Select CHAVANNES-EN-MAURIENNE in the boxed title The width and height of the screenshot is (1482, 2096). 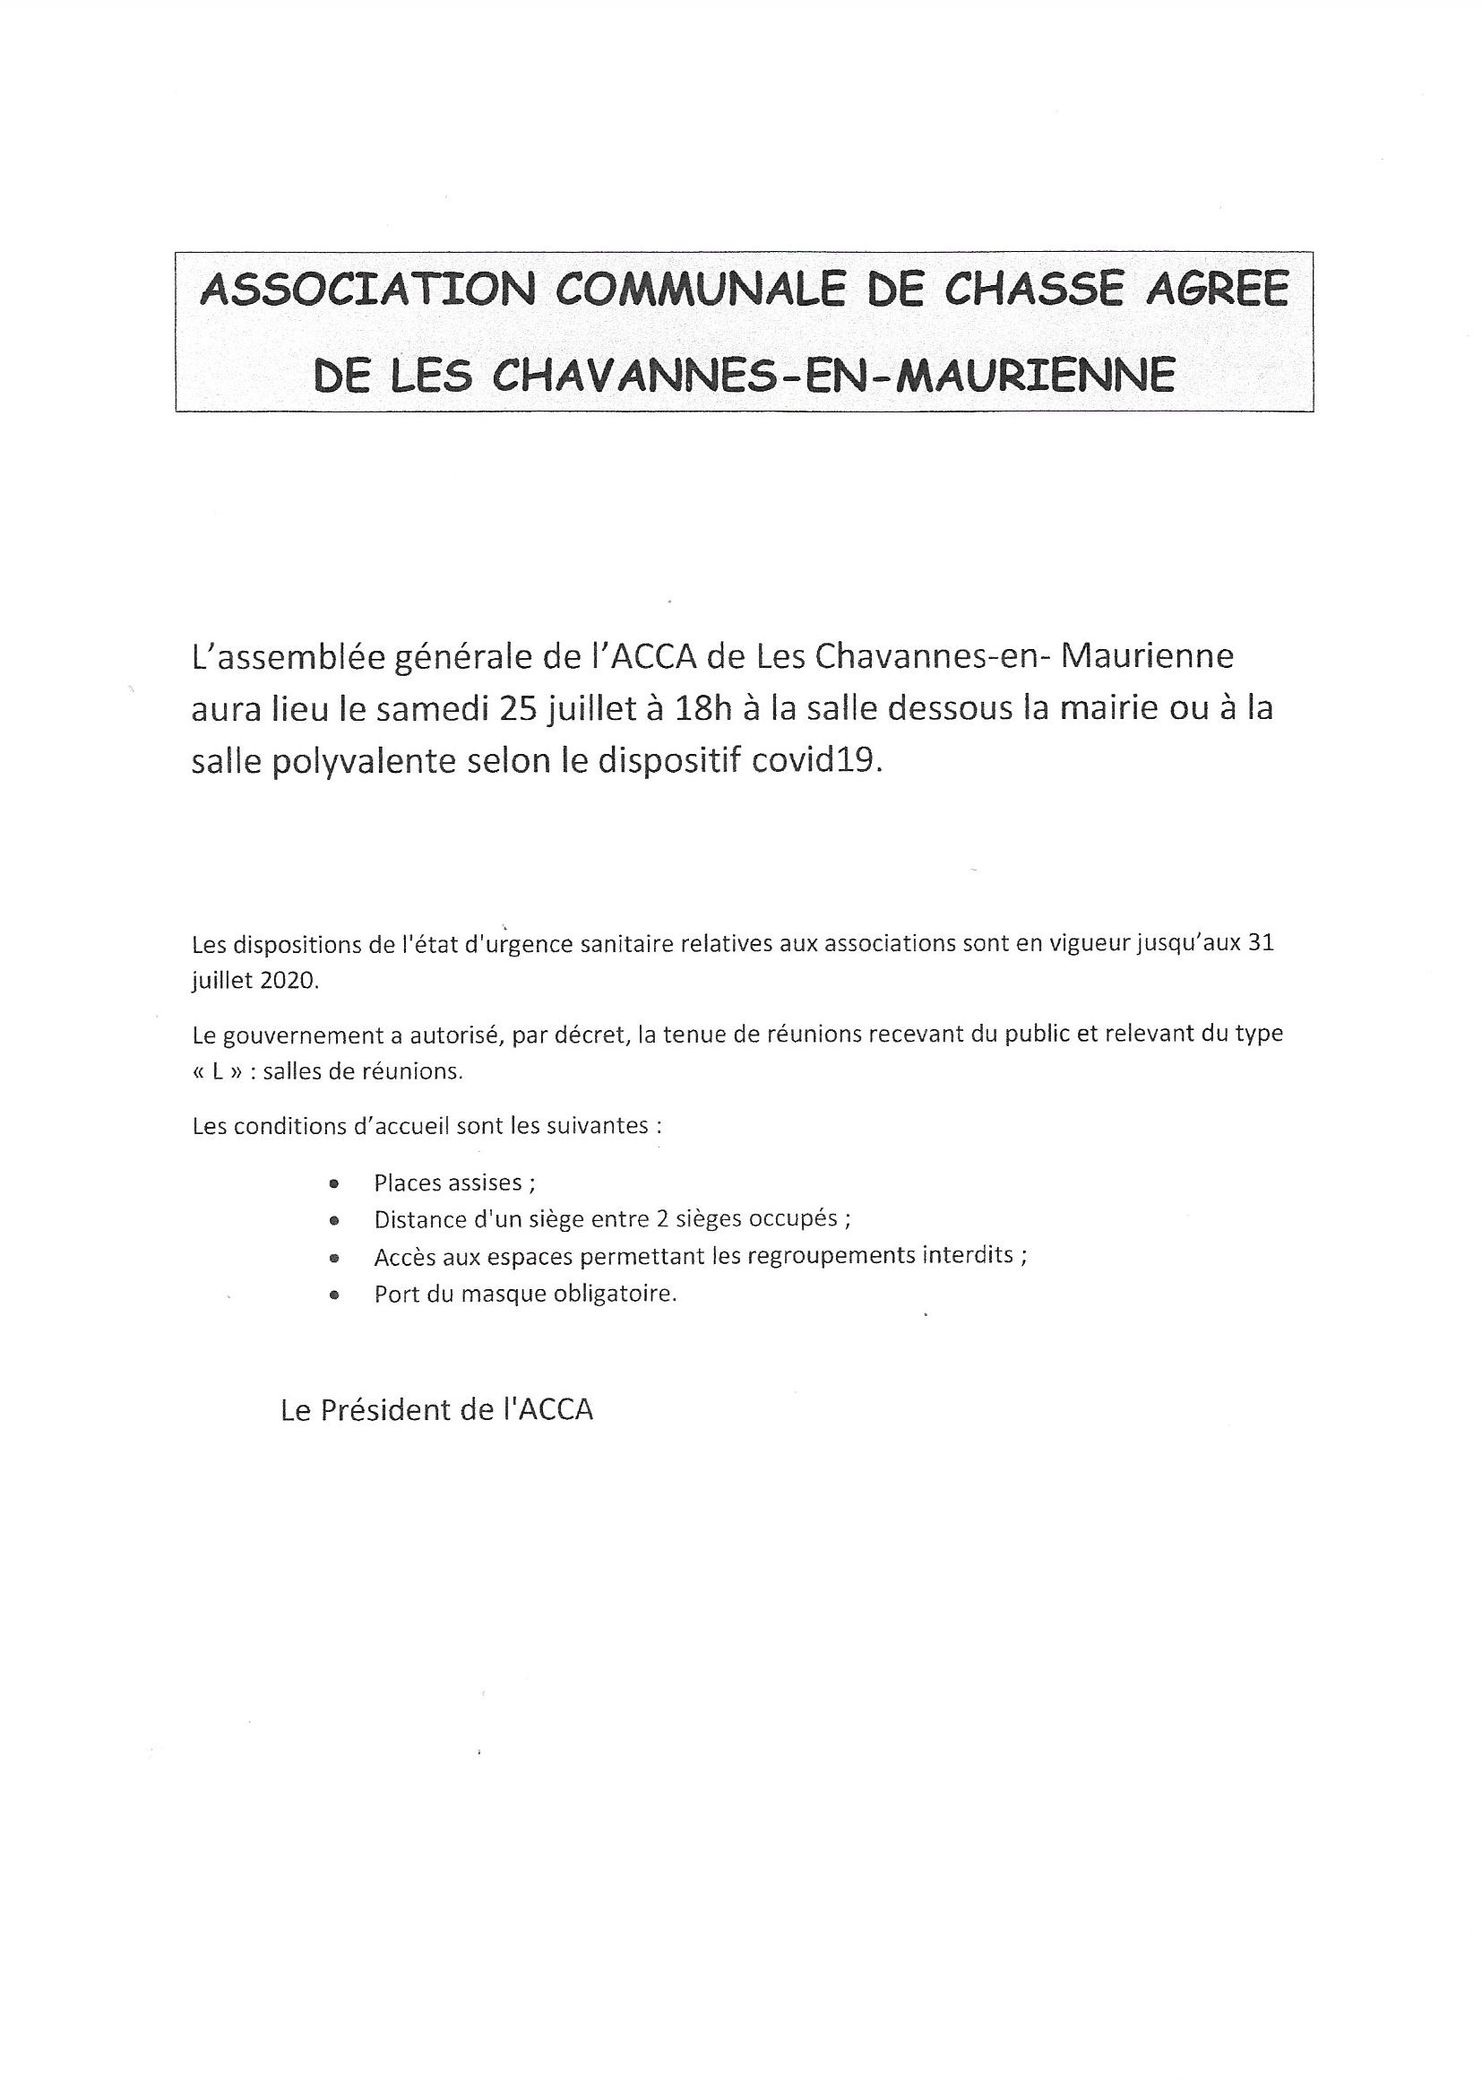(x=834, y=376)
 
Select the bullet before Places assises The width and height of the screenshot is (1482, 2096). (x=334, y=1183)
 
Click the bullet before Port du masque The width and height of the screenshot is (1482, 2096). (x=334, y=1295)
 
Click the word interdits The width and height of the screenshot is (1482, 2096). (x=972, y=1255)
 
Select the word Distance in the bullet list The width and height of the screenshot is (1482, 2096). (x=414, y=1218)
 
